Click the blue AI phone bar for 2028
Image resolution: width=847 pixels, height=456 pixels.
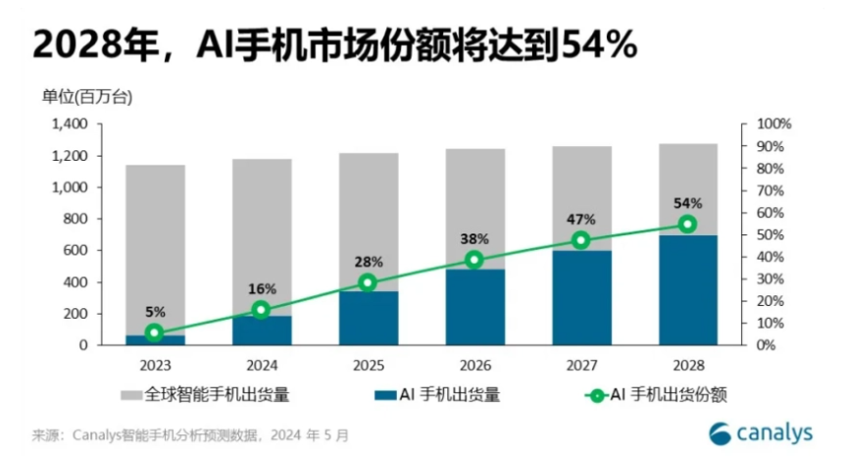687,290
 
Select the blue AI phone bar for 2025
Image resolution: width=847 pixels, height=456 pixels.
367,318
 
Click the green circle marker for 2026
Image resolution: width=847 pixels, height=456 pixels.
474,260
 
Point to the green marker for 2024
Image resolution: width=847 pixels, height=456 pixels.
261,310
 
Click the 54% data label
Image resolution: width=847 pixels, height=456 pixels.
688,203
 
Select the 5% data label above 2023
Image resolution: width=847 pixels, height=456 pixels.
154,313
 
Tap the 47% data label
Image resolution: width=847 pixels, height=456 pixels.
581,219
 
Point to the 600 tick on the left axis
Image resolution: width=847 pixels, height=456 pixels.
77,250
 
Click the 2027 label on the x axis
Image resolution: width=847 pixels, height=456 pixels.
580,365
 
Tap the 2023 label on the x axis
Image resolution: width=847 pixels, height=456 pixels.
154,365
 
